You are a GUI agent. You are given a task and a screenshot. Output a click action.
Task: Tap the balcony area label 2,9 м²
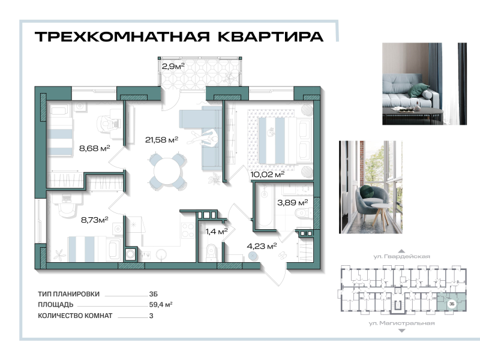click(x=173, y=67)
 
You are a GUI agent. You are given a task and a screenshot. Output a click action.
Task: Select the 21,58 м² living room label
click(x=161, y=140)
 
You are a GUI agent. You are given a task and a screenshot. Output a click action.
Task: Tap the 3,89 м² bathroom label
click(x=292, y=203)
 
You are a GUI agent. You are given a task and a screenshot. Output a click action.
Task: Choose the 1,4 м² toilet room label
click(x=216, y=230)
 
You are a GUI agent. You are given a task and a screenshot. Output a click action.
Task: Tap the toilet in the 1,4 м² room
click(x=210, y=252)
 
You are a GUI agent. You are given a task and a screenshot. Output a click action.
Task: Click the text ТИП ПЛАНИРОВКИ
click(x=68, y=295)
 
